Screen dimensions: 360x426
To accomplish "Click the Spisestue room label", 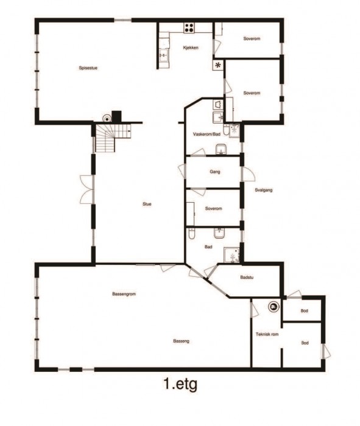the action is pos(88,68).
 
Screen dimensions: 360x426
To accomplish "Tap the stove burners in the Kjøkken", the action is pos(189,28).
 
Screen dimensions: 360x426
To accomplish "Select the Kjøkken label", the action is pos(191,47).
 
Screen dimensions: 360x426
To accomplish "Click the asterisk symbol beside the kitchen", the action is pos(218,65).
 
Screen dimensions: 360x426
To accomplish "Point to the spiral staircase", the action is pos(111,138).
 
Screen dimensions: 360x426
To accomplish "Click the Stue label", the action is pos(147,204).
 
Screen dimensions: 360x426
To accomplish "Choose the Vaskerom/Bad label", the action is pos(206,134).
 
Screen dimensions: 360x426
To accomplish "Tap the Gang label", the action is pos(215,172).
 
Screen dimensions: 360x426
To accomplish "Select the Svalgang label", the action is pos(264,190).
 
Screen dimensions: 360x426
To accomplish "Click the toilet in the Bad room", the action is pos(192,233).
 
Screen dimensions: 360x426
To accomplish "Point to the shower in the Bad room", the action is pos(231,255).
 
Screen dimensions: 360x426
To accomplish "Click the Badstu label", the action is pos(247,278).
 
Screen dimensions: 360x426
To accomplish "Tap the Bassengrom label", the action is pos(124,294).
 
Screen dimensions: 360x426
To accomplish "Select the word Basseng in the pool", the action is pos(181,341).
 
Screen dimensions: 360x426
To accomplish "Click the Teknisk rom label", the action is pos(267,334).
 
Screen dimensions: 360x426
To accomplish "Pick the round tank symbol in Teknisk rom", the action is pos(274,307).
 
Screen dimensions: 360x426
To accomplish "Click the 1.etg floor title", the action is pos(180,385).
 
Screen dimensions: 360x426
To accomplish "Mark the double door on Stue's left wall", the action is pos(87,190).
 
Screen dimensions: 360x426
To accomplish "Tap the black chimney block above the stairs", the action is pos(116,117).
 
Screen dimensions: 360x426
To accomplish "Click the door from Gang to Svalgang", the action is pos(248,174).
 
